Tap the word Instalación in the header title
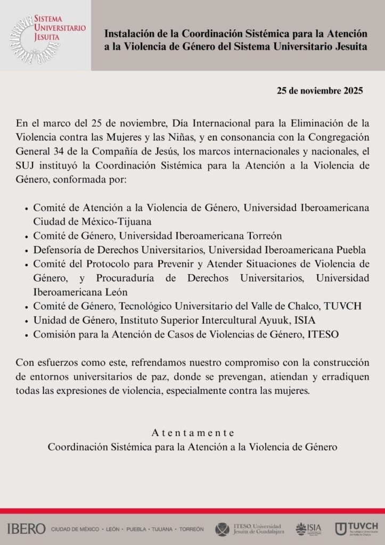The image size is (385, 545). coord(128,34)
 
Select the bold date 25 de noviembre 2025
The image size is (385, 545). coord(320,90)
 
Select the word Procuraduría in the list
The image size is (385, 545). coord(125,278)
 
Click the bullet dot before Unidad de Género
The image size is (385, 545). coord(27,320)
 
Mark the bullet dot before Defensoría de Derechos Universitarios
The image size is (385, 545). coord(27,250)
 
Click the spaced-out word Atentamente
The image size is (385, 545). coord(192,433)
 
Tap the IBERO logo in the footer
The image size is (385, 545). coord(27,529)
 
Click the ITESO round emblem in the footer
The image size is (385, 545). coord(222,529)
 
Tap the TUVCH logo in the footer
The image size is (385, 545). coord(356,529)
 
